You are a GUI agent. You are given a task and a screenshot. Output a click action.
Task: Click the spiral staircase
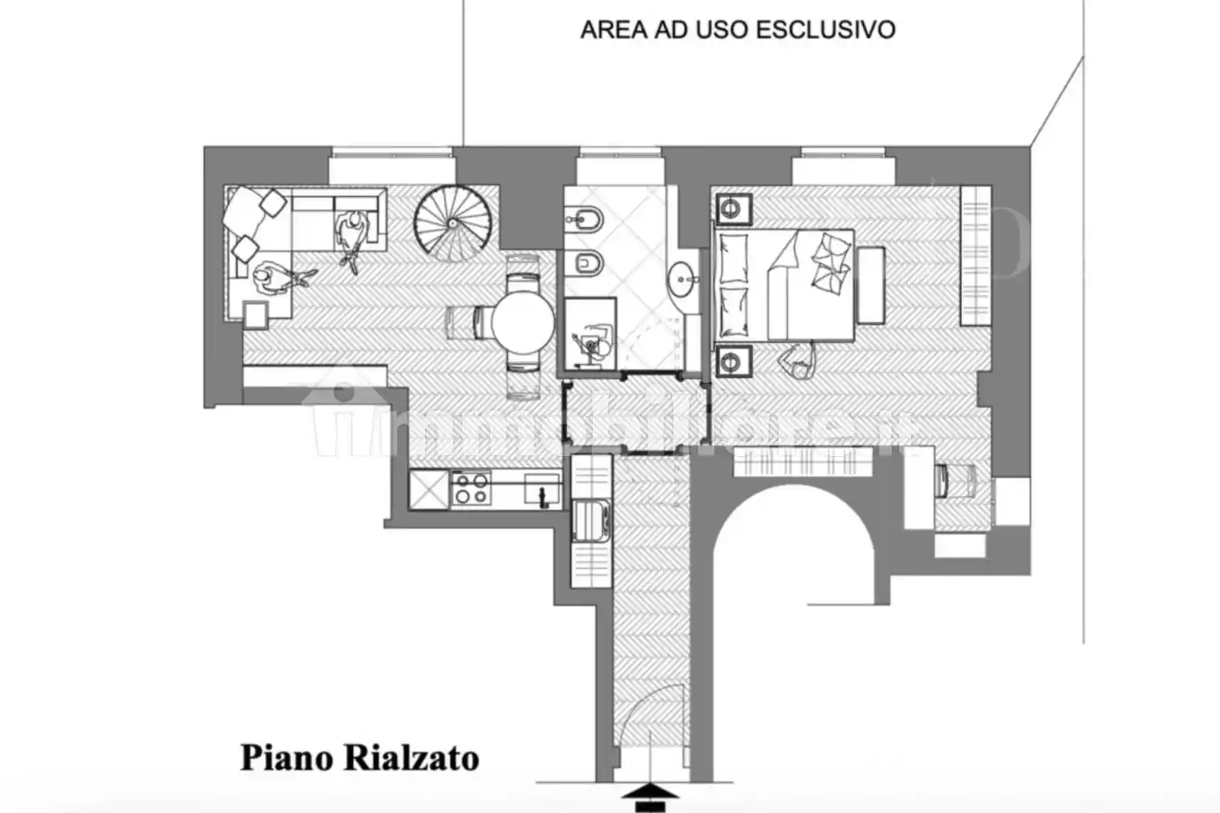[x=452, y=222]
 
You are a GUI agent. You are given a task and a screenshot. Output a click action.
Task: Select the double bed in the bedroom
[x=784, y=284]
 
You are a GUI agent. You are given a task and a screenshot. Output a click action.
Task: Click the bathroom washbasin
[x=682, y=280]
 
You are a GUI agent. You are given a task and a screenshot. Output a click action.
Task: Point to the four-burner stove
[x=471, y=489]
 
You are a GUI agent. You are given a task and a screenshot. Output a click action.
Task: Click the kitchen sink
[x=542, y=489]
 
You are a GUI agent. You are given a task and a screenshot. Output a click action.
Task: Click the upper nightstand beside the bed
[x=732, y=208]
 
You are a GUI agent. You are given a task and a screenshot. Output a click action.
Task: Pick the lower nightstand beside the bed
[x=732, y=360]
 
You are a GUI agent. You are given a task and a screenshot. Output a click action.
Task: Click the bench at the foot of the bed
[x=871, y=285]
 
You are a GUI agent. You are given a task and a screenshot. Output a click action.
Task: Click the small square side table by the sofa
[x=256, y=314]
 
